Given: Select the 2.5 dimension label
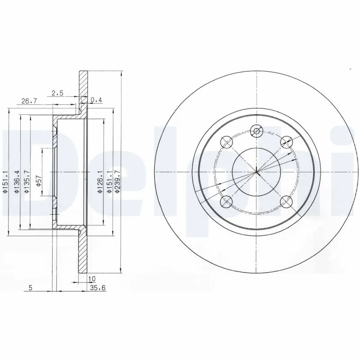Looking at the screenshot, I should point(58,93).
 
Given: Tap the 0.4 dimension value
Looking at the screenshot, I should point(96,100).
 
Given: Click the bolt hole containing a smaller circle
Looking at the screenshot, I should point(256,131).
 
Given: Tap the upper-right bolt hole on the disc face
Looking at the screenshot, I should point(286,142).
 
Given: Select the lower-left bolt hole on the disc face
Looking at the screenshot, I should point(226,202).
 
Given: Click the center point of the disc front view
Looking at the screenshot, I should point(256,172).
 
